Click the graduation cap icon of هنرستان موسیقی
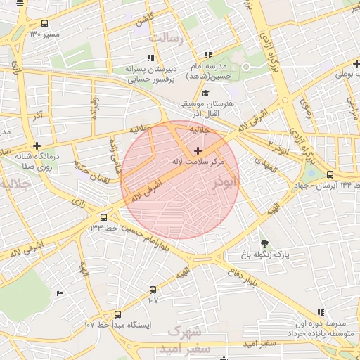pyautogui.click(x=205, y=94)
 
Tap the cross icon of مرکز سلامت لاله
pyautogui.click(x=198, y=150)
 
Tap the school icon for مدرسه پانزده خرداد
pyautogui.click(x=321, y=312)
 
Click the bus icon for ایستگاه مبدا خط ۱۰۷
pyautogui.click(x=117, y=314)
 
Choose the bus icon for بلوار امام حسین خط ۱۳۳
pyautogui.click(x=104, y=217)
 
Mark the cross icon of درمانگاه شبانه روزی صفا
pyautogui.click(x=37, y=146)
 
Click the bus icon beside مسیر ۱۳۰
pyautogui.click(x=46, y=23)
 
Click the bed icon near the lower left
pyautogui.click(x=60, y=293)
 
